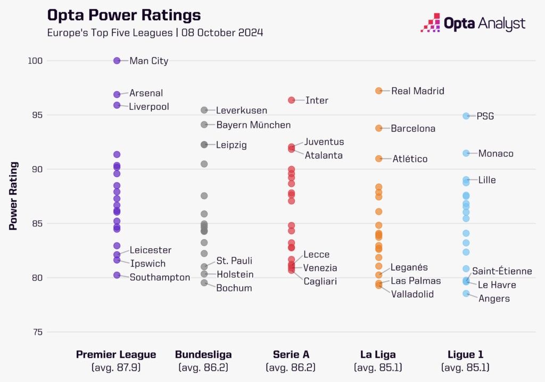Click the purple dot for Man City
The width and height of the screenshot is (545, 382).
[117, 61]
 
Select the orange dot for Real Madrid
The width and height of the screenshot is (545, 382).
[379, 91]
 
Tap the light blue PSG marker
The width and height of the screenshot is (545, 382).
[466, 116]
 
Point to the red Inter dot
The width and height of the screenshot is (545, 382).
[292, 100]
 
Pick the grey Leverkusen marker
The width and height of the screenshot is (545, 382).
[204, 110]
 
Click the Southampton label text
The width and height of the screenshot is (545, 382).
[160, 278]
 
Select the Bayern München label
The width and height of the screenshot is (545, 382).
[253, 125]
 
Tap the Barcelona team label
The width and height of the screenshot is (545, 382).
[413, 128]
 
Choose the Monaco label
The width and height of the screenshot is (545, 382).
[496, 153]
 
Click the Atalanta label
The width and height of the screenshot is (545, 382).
[324, 156]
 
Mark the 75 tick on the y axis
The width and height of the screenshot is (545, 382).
[37, 332]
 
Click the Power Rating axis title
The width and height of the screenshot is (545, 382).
[13, 196]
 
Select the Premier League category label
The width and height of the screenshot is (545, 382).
[116, 355]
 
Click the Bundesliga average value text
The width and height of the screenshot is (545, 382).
[203, 368]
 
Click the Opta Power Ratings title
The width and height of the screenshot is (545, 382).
[124, 15]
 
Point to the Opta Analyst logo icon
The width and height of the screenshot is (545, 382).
[431, 22]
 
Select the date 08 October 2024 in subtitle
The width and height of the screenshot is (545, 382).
[222, 33]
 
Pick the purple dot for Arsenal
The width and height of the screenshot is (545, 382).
[117, 94]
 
